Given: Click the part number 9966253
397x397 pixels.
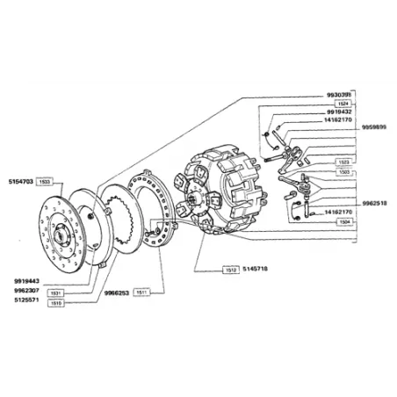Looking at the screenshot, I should point(116,291).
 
